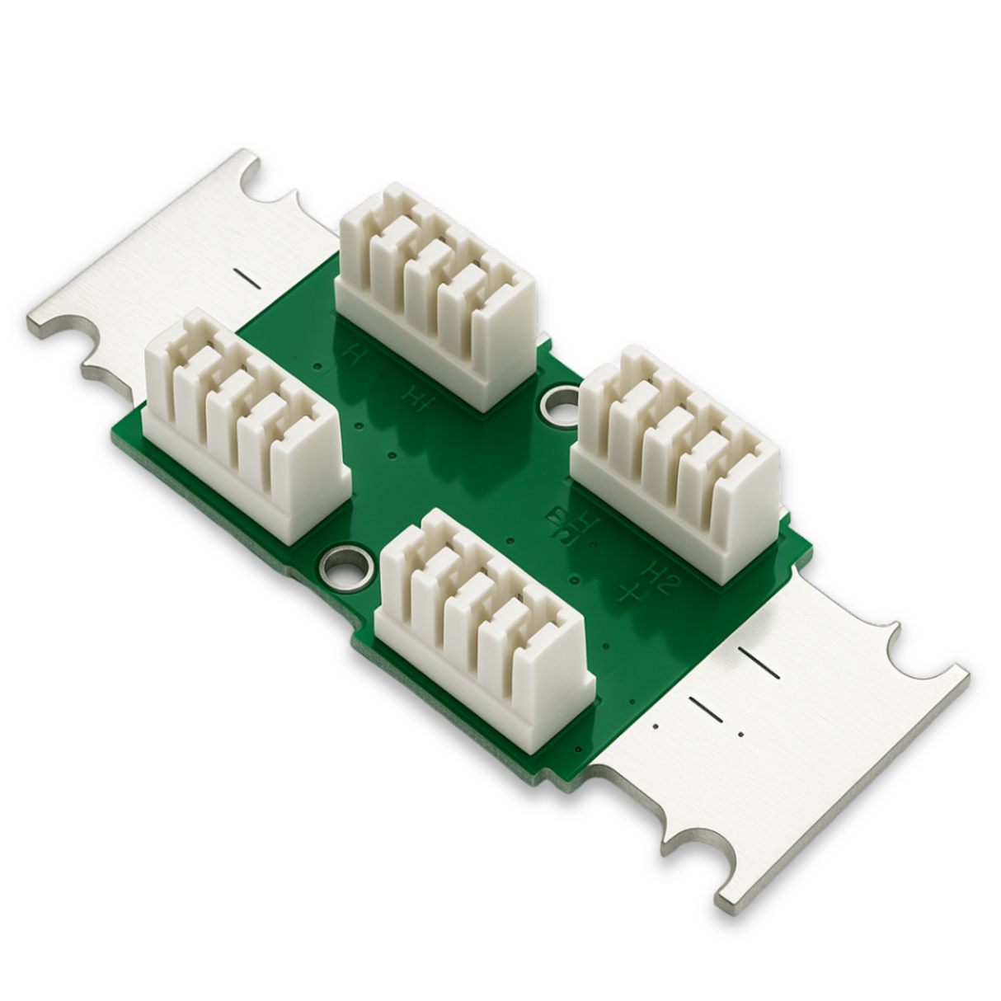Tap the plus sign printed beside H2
631,591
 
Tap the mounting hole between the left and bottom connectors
345,568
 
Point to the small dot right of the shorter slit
741,733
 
